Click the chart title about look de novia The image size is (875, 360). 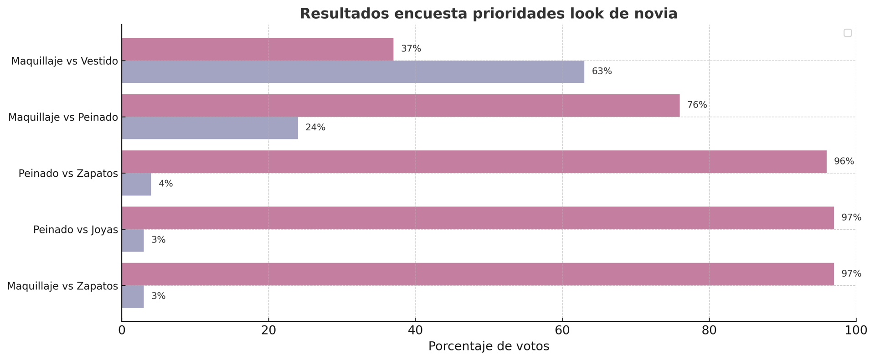pos(489,14)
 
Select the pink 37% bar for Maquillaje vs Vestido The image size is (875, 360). pos(257,49)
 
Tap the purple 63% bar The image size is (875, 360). pos(353,72)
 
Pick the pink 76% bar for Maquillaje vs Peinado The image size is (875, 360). pos(401,105)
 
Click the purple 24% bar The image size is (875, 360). pos(210,128)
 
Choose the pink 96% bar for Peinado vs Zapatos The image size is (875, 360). pos(474,162)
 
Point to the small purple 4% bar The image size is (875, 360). pos(136,184)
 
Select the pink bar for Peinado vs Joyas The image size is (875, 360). pos(478,218)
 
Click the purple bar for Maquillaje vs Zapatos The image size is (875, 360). pos(133,297)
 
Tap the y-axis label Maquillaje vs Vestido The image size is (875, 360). pos(64,61)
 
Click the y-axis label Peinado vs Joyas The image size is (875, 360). pos(76,230)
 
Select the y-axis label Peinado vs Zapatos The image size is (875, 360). pos(68,174)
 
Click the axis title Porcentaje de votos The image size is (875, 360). pos(489,346)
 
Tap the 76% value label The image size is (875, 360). pos(697,105)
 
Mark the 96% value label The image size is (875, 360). pos(844,162)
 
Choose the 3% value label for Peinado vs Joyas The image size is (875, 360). pos(158,240)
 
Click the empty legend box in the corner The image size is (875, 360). pos(847,33)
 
